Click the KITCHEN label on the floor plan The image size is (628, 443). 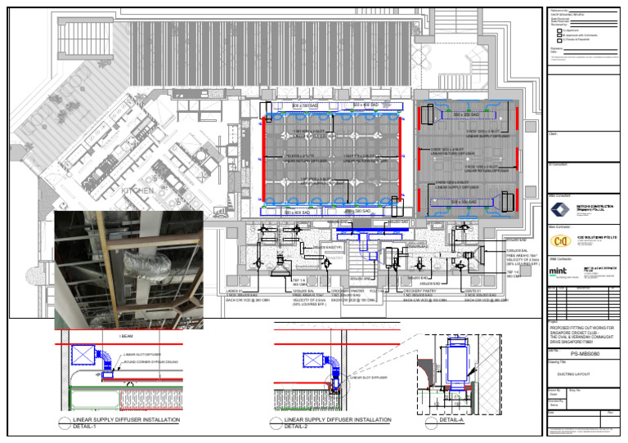(x=136, y=190)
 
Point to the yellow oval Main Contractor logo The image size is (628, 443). (x=561, y=240)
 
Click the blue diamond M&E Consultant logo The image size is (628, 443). (x=561, y=208)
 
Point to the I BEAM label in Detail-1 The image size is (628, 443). (x=125, y=336)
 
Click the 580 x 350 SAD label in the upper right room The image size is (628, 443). (x=465, y=116)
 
